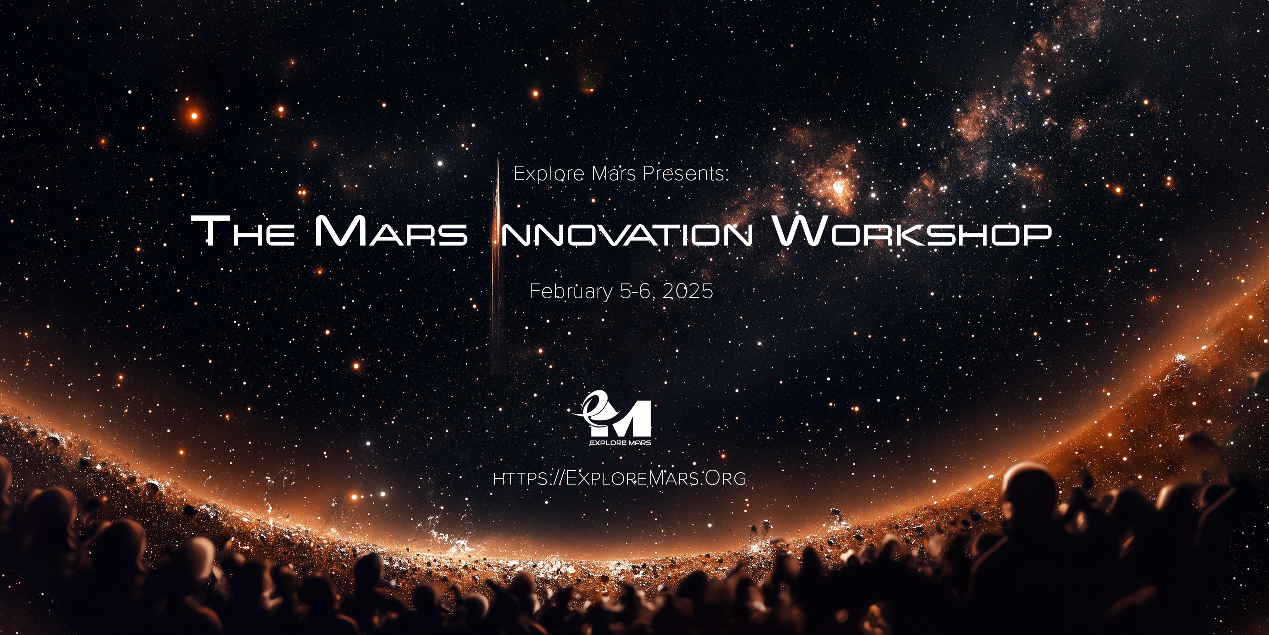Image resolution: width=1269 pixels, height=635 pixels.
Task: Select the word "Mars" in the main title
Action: (390, 231)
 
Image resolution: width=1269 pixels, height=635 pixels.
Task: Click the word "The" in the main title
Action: (243, 231)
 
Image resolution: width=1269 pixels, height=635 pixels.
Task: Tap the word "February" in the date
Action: (570, 292)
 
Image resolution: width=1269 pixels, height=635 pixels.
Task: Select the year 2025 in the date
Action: (688, 291)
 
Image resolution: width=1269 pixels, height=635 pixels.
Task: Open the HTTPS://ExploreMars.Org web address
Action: (619, 478)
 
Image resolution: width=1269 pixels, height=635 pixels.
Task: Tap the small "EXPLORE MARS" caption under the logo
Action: (620, 443)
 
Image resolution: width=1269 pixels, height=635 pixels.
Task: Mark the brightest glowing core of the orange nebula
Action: (839, 187)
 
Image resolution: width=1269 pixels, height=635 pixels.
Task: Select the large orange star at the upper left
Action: (194, 116)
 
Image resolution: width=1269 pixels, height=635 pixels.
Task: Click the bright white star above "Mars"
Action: (440, 164)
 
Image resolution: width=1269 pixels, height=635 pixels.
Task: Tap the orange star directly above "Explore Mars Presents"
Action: (535, 93)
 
